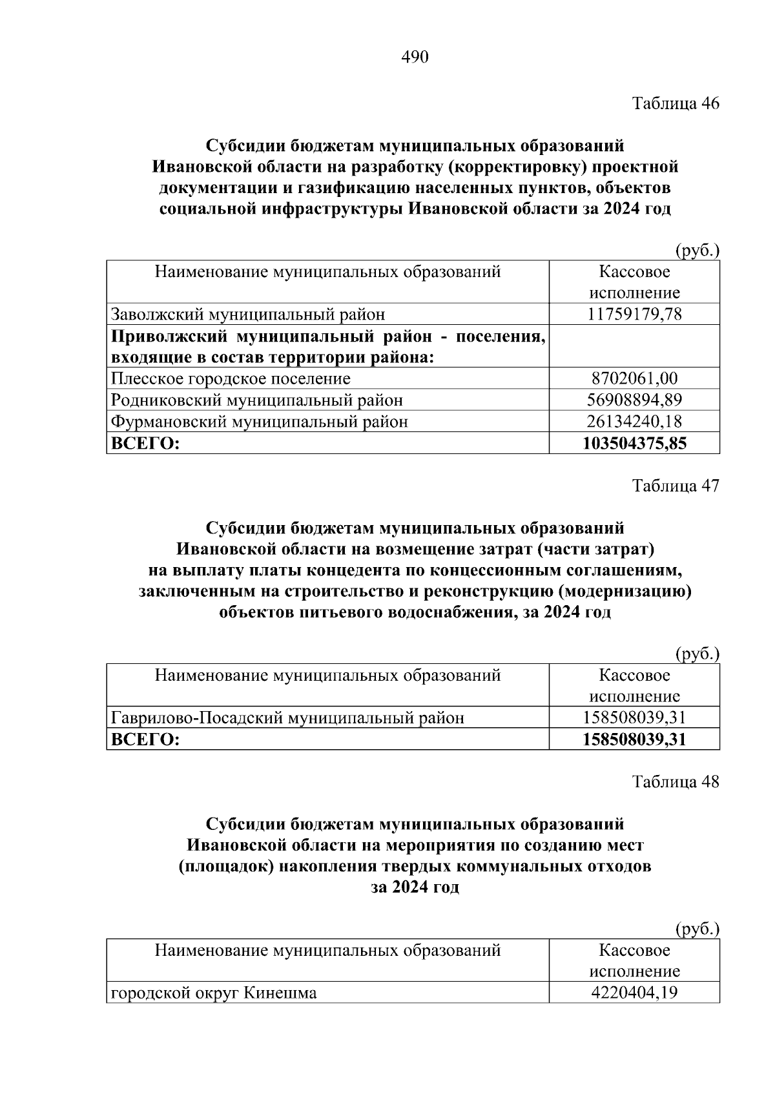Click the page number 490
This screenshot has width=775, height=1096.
pyautogui.click(x=415, y=57)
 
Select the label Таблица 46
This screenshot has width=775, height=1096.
pyautogui.click(x=676, y=103)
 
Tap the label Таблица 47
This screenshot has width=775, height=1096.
pyautogui.click(x=676, y=486)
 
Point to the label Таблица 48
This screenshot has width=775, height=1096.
pyautogui.click(x=676, y=781)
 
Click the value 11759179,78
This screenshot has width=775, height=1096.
pyautogui.click(x=634, y=315)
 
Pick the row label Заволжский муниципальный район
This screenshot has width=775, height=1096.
pyautogui.click(x=248, y=315)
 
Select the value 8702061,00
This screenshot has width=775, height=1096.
pyautogui.click(x=634, y=378)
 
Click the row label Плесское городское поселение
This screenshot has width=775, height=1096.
pyautogui.click(x=231, y=378)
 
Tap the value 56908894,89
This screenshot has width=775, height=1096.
pyautogui.click(x=634, y=400)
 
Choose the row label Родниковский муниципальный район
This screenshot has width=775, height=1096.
pyautogui.click(x=256, y=400)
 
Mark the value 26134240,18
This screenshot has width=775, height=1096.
pyautogui.click(x=634, y=422)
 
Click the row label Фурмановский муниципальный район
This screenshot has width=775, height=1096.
pyautogui.click(x=260, y=422)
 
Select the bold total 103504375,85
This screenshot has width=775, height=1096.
pyautogui.click(x=634, y=443)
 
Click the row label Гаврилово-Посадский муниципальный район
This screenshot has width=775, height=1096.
pyautogui.click(x=287, y=718)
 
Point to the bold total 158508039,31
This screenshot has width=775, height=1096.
pyautogui.click(x=634, y=739)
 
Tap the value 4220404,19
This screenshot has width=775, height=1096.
pyautogui.click(x=634, y=992)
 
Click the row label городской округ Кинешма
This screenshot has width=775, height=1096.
pyautogui.click(x=214, y=992)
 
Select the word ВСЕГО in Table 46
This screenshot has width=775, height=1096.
pyautogui.click(x=145, y=443)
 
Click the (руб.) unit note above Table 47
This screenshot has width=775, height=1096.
pyautogui.click(x=697, y=654)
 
